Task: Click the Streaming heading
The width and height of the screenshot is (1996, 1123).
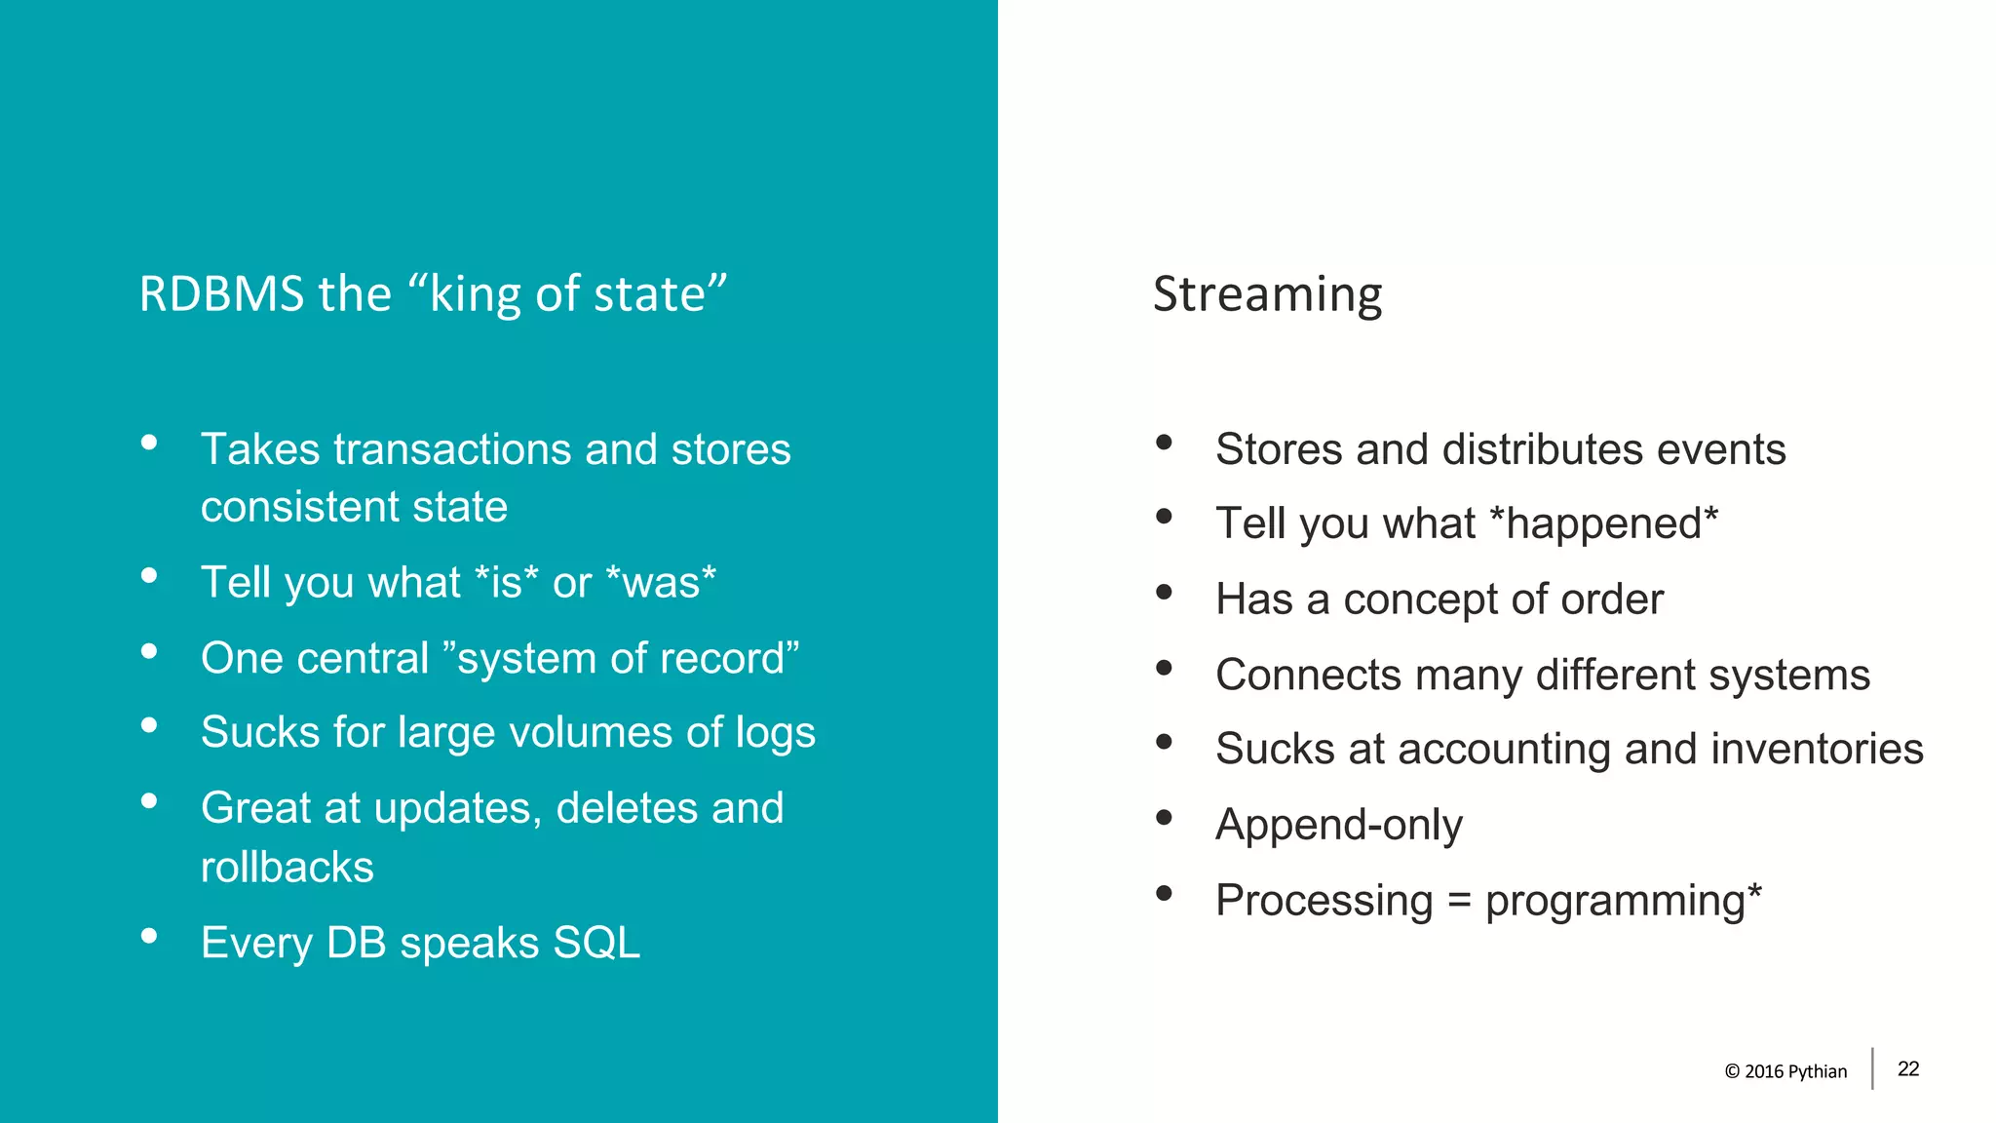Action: point(1267,294)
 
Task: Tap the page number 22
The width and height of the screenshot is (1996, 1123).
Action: point(1908,1069)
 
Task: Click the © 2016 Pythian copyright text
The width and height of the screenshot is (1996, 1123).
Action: point(1785,1071)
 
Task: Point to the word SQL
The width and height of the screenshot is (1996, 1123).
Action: point(596,944)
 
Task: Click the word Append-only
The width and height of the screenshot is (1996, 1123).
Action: point(1338,825)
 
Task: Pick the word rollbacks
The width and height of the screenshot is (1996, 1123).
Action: point(287,868)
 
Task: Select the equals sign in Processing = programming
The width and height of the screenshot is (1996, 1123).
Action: point(1459,901)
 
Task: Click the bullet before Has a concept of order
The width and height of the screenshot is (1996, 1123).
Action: point(1164,593)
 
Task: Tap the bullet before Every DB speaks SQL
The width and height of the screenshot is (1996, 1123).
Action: point(149,937)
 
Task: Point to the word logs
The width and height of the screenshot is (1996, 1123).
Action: point(775,733)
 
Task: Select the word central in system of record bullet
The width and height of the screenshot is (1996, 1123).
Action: point(363,659)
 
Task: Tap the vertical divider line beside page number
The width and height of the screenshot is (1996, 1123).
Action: point(1872,1068)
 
